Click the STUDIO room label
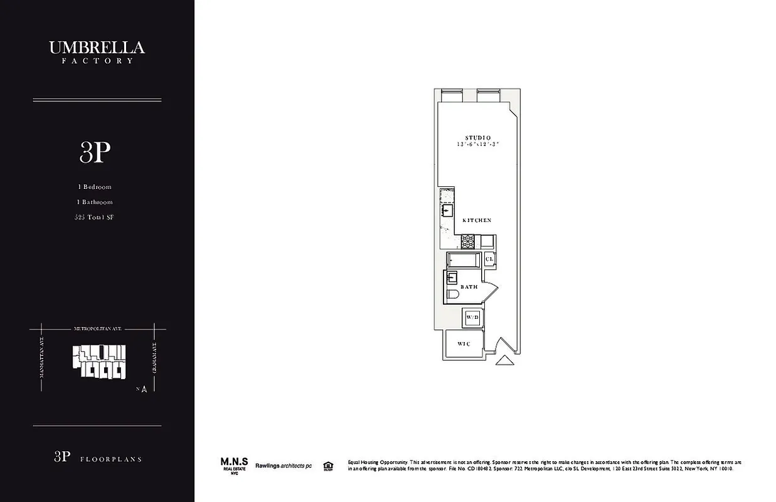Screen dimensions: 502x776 (x=477, y=138)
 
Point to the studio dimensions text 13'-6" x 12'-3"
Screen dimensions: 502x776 (x=477, y=145)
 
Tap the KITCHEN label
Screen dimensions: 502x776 (x=477, y=221)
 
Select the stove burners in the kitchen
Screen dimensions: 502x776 (x=468, y=240)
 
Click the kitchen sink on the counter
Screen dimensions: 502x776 (x=447, y=211)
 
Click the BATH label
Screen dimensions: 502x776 (x=469, y=287)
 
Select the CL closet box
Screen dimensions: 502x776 (x=489, y=259)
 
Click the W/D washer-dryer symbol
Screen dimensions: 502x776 (x=472, y=318)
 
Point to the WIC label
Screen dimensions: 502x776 (x=464, y=344)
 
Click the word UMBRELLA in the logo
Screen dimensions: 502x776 (x=97, y=48)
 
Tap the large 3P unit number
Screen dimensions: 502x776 (x=95, y=152)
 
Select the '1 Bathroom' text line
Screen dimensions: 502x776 (x=95, y=202)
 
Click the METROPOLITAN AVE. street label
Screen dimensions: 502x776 (x=97, y=329)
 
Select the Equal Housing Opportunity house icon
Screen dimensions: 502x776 (x=327, y=466)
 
